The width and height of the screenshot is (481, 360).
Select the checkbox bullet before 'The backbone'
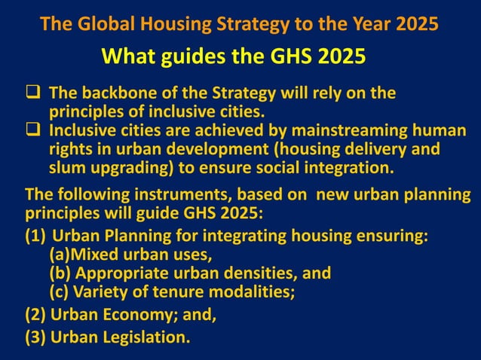click(x=34, y=94)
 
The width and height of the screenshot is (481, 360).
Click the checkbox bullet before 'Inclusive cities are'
click(x=34, y=130)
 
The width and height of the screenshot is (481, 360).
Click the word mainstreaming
click(x=339, y=131)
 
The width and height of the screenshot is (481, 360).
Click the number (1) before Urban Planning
click(x=36, y=237)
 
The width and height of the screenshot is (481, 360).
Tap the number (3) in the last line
click(x=36, y=337)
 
